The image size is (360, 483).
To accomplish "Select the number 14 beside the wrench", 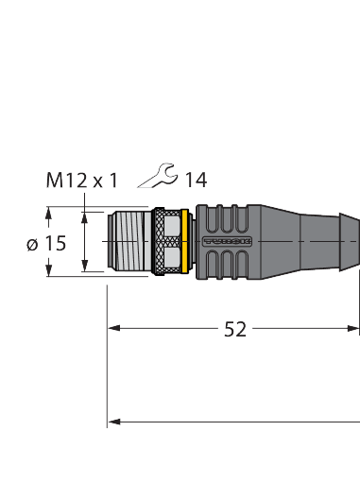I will (x=196, y=180).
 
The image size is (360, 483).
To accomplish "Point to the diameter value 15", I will (x=56, y=243).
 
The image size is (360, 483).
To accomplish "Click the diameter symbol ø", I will (x=33, y=244).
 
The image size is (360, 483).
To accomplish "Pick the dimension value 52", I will (x=234, y=329).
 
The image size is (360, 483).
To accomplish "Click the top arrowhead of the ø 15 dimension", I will (x=47, y=213).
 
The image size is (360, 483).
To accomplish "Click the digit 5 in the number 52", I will (x=229, y=329).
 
